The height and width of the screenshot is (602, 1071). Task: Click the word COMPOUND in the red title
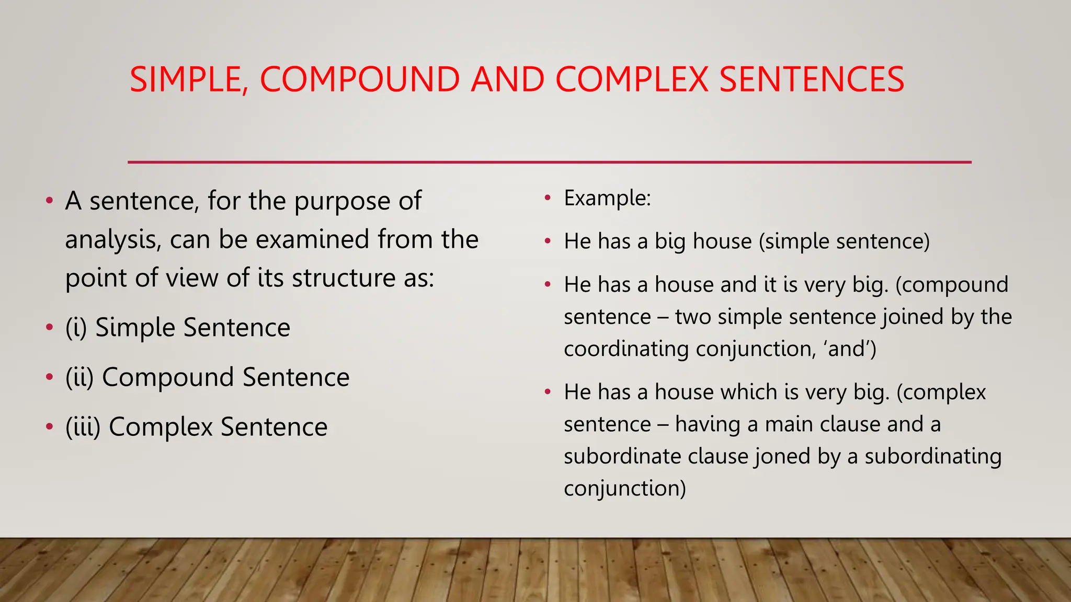pos(359,79)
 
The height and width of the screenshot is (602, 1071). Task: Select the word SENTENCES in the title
pos(811,79)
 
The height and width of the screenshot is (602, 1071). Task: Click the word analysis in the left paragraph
pos(112,240)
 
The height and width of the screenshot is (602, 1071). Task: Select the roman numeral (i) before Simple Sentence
pos(76,328)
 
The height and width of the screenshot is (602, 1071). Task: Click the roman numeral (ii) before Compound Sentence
pos(79,377)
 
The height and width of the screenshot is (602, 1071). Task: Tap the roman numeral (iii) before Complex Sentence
pos(83,427)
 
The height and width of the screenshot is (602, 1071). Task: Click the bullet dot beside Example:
pos(548,198)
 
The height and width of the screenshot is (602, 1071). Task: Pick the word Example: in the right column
pos(607,199)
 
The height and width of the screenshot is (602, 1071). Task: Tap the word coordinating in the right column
pos(626,349)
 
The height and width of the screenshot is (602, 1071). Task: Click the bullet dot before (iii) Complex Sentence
pos(49,427)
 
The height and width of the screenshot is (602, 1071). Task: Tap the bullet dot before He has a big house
pos(548,241)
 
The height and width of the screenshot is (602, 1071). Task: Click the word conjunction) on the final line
pos(624,489)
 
